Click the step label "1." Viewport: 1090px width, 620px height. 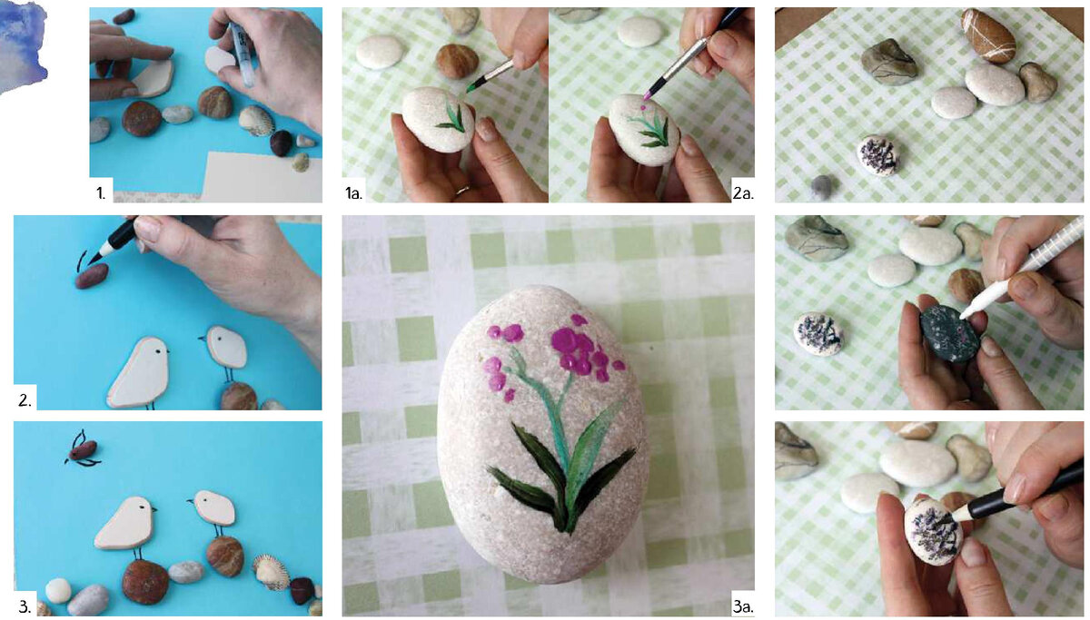(100, 193)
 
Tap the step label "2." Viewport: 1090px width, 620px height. (25, 400)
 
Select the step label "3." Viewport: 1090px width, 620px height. (25, 606)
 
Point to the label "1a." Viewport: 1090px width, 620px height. (353, 193)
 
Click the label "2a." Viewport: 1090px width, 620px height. (743, 193)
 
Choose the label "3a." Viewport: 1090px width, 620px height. (743, 606)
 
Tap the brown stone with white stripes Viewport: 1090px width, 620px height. (988, 36)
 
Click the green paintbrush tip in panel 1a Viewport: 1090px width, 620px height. (471, 88)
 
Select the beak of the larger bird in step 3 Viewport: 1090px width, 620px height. (154, 509)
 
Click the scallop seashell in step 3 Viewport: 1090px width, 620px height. (271, 571)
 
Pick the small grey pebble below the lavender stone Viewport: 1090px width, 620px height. (822, 185)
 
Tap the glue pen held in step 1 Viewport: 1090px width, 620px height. (242, 54)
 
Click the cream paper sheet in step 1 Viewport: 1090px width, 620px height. (263, 176)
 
